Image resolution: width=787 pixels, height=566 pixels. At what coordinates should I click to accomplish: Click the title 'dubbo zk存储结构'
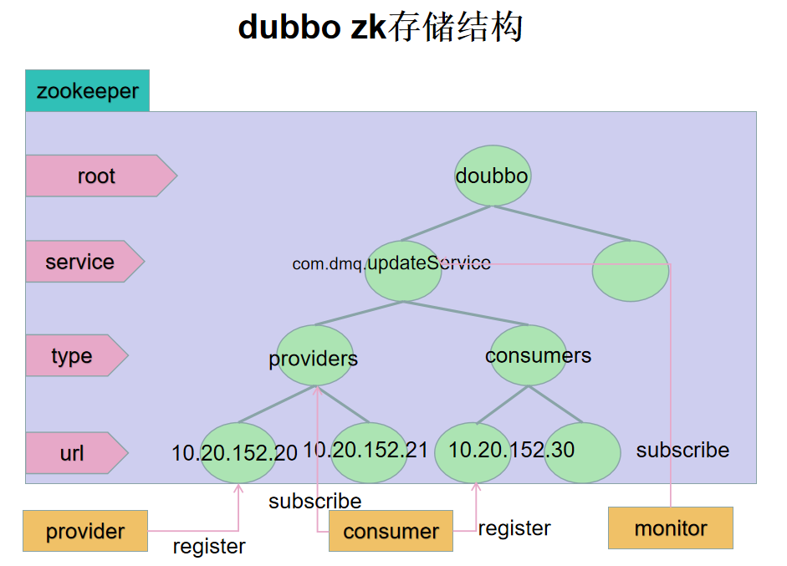(x=381, y=28)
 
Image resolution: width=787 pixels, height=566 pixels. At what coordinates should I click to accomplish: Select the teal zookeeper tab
(x=87, y=91)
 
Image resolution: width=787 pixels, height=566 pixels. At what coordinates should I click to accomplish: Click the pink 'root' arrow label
(x=96, y=176)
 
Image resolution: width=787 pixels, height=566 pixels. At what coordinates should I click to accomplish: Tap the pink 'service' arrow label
(x=80, y=262)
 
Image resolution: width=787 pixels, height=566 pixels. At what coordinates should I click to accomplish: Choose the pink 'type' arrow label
(x=73, y=356)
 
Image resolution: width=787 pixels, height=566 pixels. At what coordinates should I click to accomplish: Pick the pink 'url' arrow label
(x=73, y=453)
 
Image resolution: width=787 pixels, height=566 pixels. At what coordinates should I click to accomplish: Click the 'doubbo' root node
(x=492, y=176)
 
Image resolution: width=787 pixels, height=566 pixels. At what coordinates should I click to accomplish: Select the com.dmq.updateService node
(x=403, y=271)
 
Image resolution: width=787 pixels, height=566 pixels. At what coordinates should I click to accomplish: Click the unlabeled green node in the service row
(x=630, y=271)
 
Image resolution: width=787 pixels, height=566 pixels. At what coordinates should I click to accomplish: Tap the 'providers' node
(x=314, y=357)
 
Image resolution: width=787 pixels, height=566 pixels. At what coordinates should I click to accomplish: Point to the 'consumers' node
(x=529, y=355)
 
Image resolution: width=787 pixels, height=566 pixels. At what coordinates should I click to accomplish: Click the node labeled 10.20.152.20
(x=238, y=453)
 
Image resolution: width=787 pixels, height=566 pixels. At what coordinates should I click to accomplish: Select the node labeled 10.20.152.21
(x=368, y=451)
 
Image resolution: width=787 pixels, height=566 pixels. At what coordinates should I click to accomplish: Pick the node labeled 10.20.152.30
(x=473, y=451)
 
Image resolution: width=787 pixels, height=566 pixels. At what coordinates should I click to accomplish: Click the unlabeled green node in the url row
(x=582, y=452)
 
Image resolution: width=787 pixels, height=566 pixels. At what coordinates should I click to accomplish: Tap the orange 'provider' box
(x=85, y=532)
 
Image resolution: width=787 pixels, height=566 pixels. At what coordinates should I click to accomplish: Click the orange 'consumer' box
(x=391, y=532)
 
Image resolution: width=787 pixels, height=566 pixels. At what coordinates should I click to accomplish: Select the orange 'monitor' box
(x=670, y=528)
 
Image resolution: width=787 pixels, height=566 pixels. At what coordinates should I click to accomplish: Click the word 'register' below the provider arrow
(x=209, y=547)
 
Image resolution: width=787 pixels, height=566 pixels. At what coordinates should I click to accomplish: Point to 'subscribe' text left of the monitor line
(x=682, y=451)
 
